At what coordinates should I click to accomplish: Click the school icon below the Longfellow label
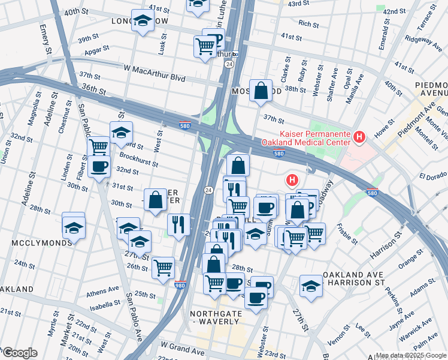[x=142, y=22]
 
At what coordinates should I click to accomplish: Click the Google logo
[x=20, y=353]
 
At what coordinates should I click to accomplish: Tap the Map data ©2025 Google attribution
[x=411, y=355]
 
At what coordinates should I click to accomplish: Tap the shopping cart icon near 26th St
[x=163, y=268]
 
